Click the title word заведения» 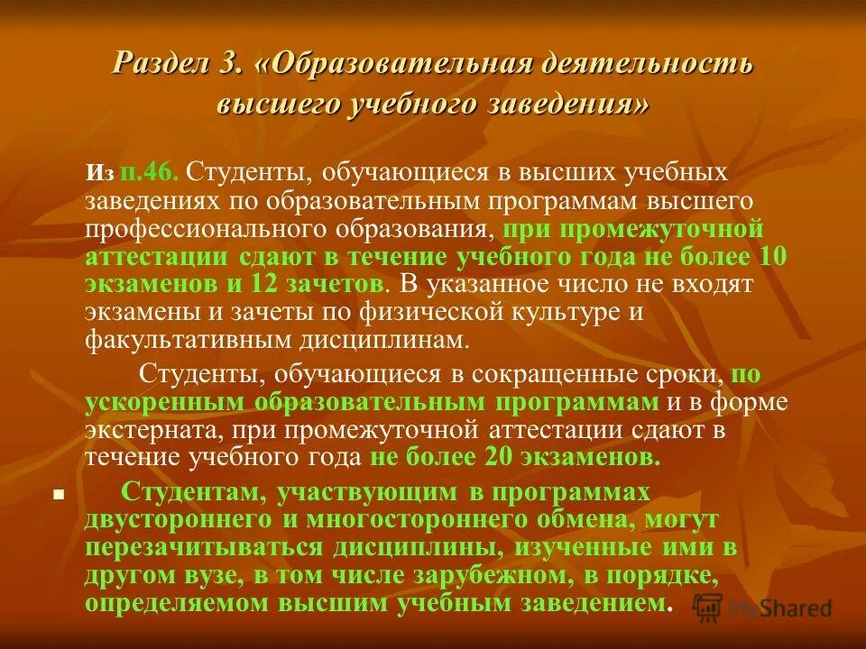click(571, 103)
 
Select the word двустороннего click(172, 519)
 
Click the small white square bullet click(59, 495)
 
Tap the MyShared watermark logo click(763, 608)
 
